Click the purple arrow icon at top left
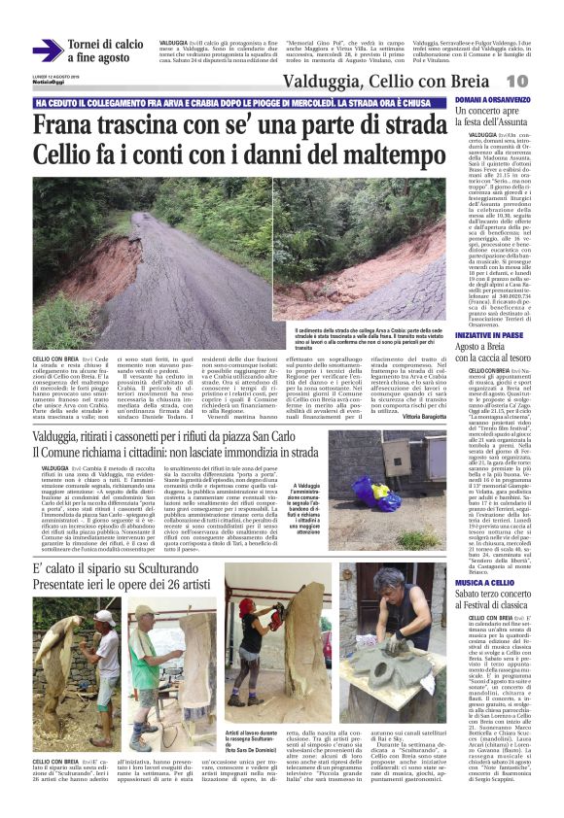tap(47, 51)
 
